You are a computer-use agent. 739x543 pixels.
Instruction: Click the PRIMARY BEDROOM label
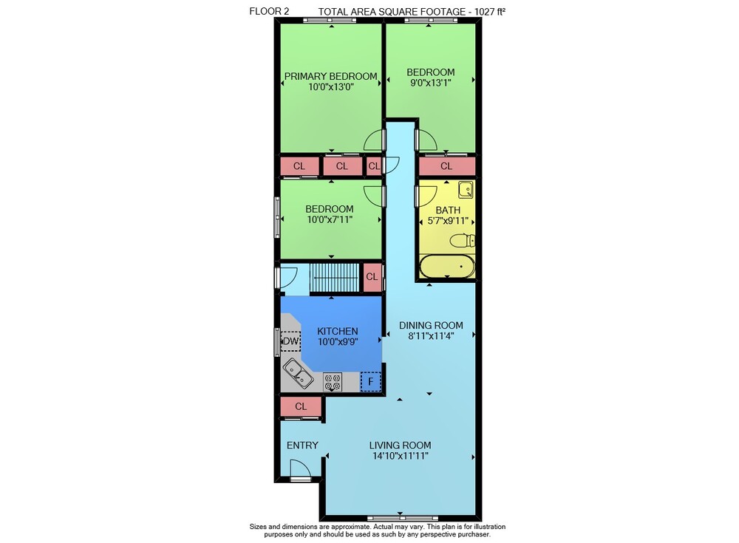[x=330, y=76]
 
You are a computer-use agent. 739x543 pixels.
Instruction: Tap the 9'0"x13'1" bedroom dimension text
[x=430, y=83]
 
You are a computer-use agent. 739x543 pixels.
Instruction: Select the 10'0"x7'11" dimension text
[x=330, y=219]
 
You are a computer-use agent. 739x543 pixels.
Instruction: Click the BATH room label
[x=448, y=210]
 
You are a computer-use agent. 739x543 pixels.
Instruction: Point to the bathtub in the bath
[x=447, y=267]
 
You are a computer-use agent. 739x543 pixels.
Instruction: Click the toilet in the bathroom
[x=462, y=241]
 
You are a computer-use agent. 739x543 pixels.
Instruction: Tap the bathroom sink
[x=466, y=189]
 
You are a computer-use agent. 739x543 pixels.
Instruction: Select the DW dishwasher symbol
[x=290, y=341]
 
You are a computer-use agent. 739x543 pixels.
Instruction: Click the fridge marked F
[x=370, y=381]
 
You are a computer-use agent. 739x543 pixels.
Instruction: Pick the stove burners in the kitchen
[x=333, y=381]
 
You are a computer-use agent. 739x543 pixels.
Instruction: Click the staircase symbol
[x=335, y=278]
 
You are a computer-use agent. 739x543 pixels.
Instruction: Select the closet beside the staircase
[x=372, y=277]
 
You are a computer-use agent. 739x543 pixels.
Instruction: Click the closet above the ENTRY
[x=302, y=406]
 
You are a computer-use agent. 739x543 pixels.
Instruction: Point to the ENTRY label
[x=302, y=445]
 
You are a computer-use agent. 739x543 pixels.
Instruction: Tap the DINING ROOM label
[x=431, y=325]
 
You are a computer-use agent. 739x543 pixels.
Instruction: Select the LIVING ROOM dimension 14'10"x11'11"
[x=400, y=456]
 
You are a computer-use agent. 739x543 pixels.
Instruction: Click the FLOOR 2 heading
[x=269, y=11]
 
